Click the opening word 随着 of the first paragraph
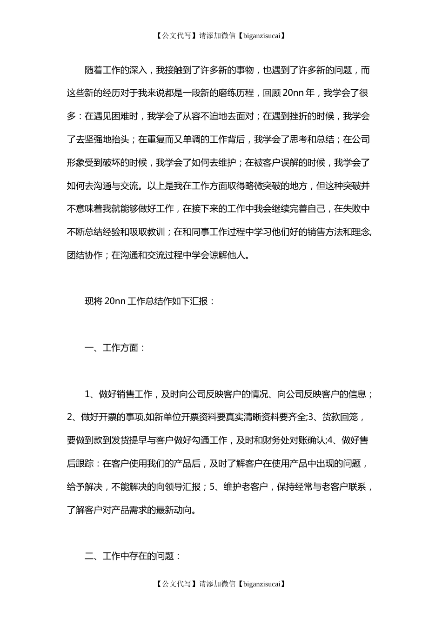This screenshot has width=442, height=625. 94,70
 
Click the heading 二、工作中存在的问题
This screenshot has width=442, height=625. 133,556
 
